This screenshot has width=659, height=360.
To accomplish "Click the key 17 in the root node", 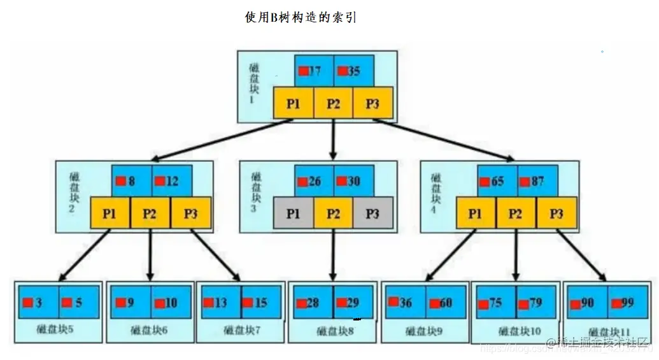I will click(x=315, y=71).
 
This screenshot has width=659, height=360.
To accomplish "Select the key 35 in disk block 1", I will click(x=353, y=71).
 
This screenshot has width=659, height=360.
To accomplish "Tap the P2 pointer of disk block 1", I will click(x=333, y=103).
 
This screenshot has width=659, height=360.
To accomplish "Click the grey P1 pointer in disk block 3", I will click(x=293, y=213).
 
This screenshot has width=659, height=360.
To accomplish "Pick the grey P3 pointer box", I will click(x=372, y=213).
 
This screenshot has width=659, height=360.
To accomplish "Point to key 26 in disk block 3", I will click(x=314, y=182).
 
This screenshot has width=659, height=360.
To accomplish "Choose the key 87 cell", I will click(x=537, y=182).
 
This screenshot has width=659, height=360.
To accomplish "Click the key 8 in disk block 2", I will click(x=131, y=182).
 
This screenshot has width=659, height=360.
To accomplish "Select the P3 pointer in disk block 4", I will click(x=556, y=213).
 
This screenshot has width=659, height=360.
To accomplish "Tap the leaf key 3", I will click(x=38, y=303).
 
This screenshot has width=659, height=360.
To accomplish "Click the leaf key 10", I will click(x=171, y=303).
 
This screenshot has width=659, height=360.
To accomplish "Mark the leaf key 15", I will click(x=261, y=303).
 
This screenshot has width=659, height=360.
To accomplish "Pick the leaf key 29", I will click(x=351, y=303).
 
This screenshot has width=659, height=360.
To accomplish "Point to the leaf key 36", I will click(x=405, y=303).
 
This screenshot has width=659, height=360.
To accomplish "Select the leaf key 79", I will click(x=535, y=303).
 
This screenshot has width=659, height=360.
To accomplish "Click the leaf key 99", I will click(x=627, y=303).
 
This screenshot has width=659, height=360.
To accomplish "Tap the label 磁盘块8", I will click(x=332, y=331).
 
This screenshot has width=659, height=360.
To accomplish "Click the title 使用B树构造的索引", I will click(x=301, y=18).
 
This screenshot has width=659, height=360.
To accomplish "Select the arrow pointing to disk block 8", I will click(x=333, y=255).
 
